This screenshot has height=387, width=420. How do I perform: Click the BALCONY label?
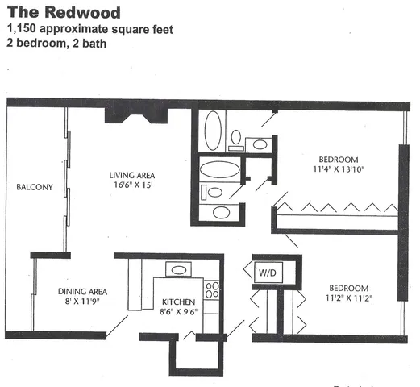click(x=34, y=188)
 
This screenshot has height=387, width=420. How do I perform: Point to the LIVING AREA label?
click(x=132, y=175)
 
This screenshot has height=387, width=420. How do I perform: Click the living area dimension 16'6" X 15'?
click(x=132, y=185)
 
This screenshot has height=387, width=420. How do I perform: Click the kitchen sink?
click(x=177, y=270)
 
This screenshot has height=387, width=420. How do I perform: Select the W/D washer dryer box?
click(x=267, y=273)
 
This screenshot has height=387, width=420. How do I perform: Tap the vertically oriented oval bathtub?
click(x=213, y=131)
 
